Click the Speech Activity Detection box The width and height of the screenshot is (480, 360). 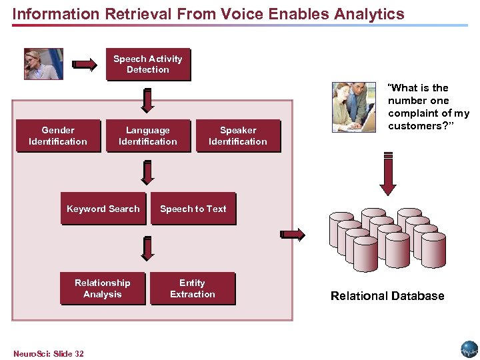click(x=148, y=65)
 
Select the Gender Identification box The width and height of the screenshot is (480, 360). click(x=58, y=136)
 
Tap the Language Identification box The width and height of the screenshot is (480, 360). click(x=148, y=136)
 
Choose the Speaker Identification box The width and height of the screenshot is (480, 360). click(x=238, y=136)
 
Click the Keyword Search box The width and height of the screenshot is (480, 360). click(x=103, y=209)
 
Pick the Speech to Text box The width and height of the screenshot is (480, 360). click(x=193, y=209)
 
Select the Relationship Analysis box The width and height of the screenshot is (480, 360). click(x=103, y=289)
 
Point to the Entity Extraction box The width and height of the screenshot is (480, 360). click(x=193, y=289)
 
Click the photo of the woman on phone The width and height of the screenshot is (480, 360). click(x=43, y=64)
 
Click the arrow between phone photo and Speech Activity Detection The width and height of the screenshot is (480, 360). click(x=85, y=65)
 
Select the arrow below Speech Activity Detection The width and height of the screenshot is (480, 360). click(x=148, y=99)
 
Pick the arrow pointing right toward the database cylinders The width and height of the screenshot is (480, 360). click(x=293, y=234)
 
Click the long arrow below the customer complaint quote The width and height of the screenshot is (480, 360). click(x=387, y=173)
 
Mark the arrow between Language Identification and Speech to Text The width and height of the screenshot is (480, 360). click(x=148, y=173)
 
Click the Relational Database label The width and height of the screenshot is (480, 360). click(x=387, y=296)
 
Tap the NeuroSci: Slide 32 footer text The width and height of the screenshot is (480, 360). click(x=49, y=353)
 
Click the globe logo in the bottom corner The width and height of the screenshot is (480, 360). click(x=469, y=349)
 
